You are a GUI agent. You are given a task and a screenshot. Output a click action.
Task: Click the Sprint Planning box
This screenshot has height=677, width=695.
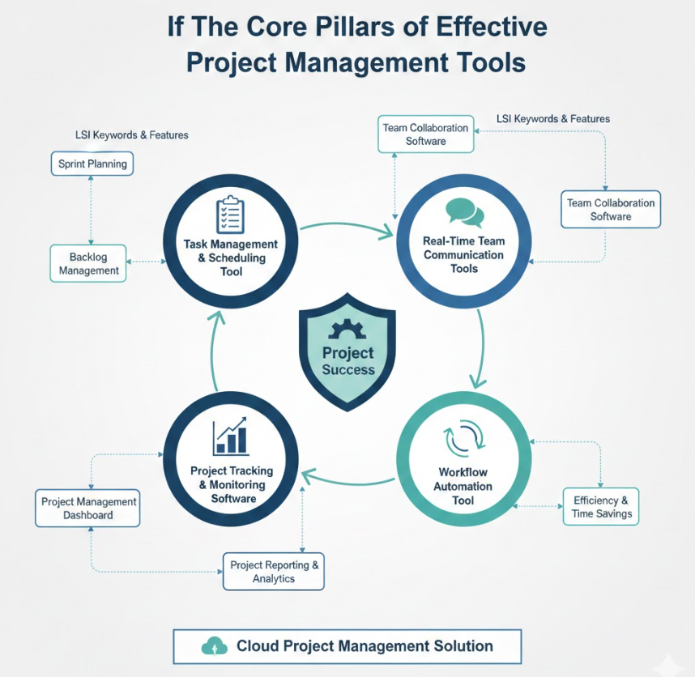(92, 164)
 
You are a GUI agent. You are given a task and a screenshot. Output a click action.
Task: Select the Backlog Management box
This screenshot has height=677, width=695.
(89, 264)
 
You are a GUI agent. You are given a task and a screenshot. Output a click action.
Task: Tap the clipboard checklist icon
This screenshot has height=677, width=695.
(230, 215)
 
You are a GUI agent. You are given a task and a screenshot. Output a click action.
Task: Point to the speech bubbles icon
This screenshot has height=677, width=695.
(465, 212)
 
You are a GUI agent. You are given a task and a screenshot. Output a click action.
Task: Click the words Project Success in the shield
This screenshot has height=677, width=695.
(348, 361)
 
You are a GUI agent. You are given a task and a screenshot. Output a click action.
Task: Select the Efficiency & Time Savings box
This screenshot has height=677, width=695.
(601, 508)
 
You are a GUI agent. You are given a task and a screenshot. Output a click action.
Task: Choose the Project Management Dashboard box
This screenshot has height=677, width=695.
(88, 509)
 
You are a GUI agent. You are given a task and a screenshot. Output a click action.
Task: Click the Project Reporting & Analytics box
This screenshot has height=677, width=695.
(274, 572)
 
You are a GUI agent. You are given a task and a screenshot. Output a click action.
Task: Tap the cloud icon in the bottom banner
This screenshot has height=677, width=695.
(214, 646)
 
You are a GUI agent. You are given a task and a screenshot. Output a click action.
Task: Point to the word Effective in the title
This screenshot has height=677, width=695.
(492, 26)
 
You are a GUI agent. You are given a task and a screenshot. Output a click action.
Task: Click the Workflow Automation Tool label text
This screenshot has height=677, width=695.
(463, 486)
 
